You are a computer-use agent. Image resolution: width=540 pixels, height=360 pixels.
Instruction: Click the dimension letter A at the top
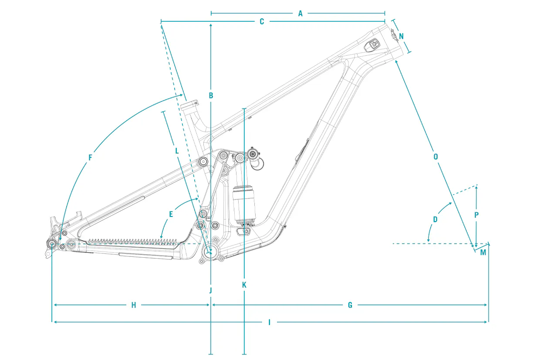300,13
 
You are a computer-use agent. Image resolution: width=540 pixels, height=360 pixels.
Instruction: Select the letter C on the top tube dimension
262,22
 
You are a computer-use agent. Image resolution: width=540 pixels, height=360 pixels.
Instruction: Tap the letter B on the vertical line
211,96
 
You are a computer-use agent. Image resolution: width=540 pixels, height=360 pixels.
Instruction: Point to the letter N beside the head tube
401,37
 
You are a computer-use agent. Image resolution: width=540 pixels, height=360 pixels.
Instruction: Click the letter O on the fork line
435,157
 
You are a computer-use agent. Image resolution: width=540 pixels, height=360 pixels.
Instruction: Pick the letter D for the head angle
435,219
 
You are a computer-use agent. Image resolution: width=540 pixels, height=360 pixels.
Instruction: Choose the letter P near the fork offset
476,215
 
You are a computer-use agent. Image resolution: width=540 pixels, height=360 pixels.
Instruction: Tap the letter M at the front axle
483,252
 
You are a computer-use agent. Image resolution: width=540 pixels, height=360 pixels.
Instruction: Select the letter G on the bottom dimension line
350,305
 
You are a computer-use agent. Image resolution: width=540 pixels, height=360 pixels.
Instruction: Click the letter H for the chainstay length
134,305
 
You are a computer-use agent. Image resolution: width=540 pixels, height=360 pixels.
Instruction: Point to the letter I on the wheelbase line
269,322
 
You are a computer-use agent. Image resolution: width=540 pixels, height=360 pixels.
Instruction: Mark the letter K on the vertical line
244,285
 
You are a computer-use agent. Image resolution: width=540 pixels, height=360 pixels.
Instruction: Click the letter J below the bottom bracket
210,290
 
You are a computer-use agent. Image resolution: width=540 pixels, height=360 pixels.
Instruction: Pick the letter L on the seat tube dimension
177,151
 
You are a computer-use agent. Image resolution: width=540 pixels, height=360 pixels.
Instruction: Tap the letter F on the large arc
90,158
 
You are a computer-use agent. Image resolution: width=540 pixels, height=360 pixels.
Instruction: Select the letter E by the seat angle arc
171,214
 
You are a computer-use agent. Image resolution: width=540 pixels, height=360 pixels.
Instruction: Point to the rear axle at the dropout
52,244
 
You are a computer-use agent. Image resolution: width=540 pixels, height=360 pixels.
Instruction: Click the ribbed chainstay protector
132,242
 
